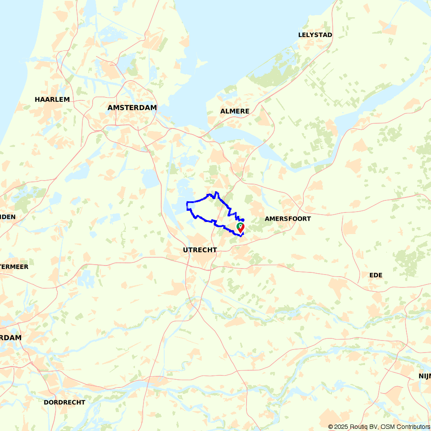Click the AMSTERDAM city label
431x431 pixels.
[132, 107]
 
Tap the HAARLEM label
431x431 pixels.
[52, 100]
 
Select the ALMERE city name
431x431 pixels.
[234, 111]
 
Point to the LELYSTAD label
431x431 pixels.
[315, 35]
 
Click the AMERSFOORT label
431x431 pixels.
[287, 219]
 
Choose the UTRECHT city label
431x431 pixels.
[200, 250]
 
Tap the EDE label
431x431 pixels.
[376, 275]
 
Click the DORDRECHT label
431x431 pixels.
[65, 402]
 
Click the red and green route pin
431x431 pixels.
[240, 227]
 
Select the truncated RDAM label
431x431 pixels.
[10, 337]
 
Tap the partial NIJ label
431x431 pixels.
[425, 376]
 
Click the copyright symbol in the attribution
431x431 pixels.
[331, 427]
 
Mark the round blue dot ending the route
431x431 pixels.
[243, 220]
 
